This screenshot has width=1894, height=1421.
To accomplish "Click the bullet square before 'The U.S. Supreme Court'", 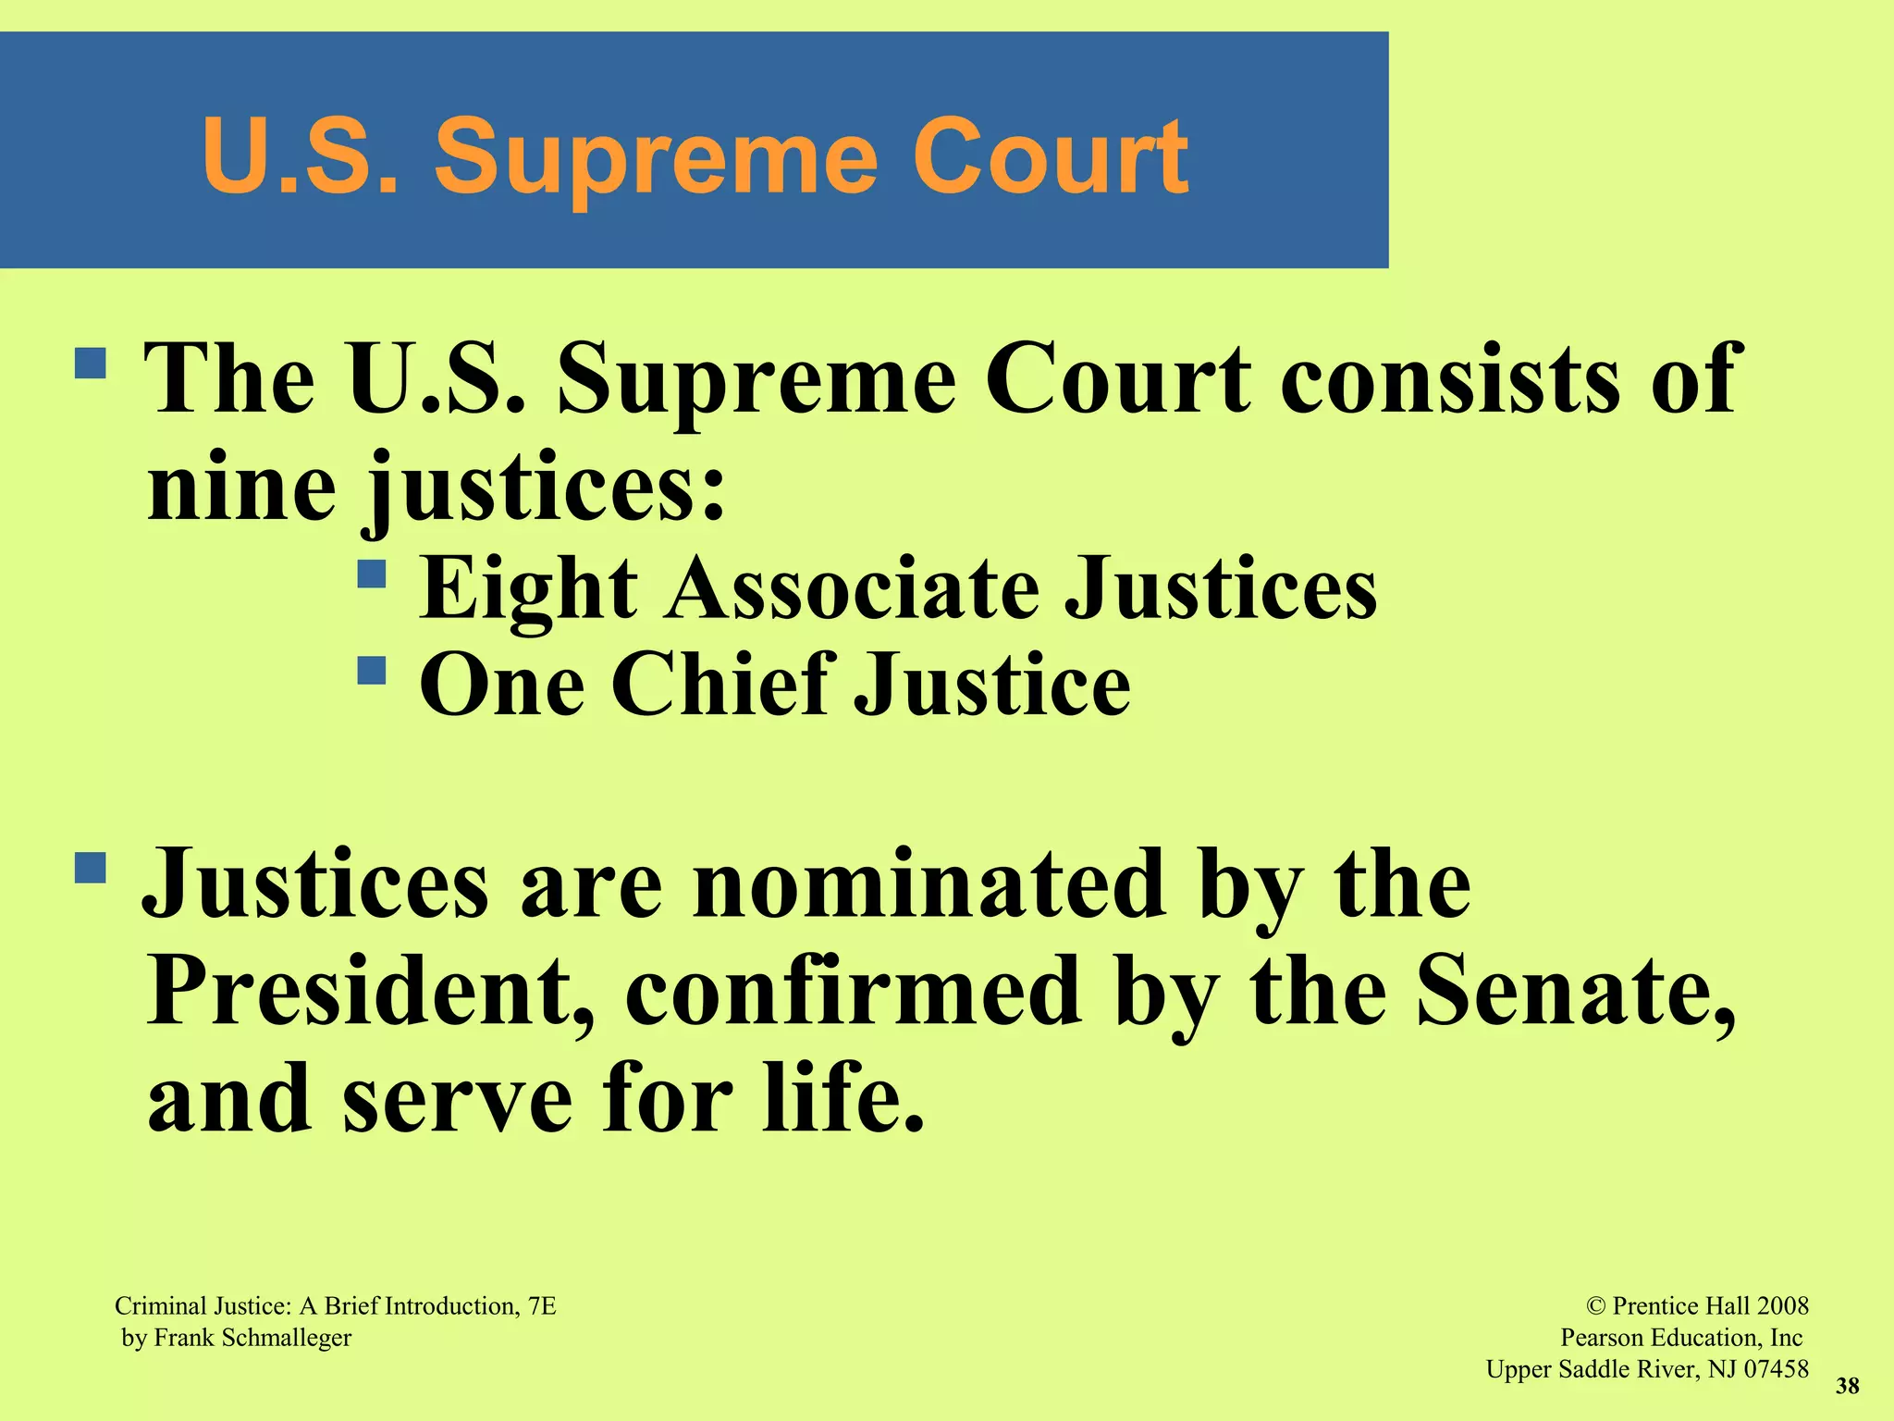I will coord(91,363).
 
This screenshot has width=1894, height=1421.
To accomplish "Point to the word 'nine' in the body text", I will coord(241,486).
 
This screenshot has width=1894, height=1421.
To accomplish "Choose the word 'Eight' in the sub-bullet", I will coord(528,589).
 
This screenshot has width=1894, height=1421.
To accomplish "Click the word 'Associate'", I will coord(851,589).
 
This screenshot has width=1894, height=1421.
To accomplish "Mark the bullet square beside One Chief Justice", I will coord(372,670).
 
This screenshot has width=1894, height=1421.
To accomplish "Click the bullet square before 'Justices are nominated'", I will coord(91,868).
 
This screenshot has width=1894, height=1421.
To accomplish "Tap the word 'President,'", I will coord(370,991).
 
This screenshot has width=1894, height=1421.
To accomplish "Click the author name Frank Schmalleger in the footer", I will coord(252,1338).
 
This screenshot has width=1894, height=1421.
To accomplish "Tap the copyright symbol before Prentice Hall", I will coord(1596,1306).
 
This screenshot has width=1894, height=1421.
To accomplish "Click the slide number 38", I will coord(1847,1386).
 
